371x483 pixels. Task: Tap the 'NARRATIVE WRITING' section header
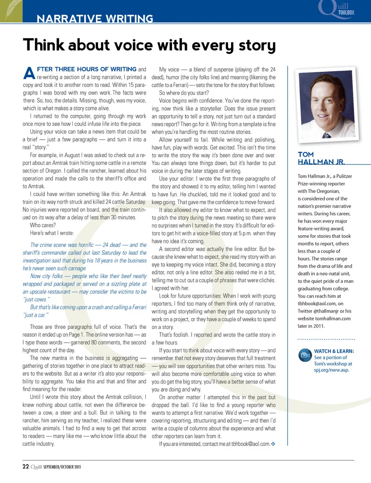(x=95, y=18)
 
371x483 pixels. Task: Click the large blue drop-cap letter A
(x=29, y=73)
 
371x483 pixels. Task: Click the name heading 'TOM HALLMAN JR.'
(x=321, y=158)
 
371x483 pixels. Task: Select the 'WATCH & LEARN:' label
(x=334, y=351)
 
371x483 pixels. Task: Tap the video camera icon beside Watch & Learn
(x=305, y=355)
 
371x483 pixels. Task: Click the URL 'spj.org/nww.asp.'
(x=332, y=370)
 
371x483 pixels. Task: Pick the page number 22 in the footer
(x=26, y=466)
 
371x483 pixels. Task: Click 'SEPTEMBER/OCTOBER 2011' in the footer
(x=62, y=467)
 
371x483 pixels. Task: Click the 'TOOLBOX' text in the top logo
(x=346, y=13)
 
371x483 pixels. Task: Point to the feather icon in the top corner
(x=11, y=10)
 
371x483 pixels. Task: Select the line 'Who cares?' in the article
(x=43, y=225)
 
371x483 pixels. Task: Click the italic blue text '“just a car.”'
(x=36, y=315)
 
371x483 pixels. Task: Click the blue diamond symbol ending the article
(x=273, y=444)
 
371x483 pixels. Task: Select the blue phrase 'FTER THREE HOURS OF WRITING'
(x=87, y=69)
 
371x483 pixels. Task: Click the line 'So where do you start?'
(x=184, y=93)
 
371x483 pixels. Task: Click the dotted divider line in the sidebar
(x=326, y=339)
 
